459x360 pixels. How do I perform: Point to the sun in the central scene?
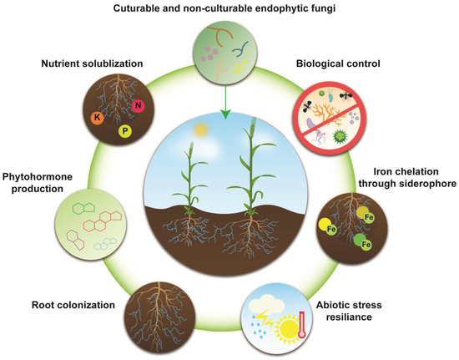[x=199, y=131]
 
